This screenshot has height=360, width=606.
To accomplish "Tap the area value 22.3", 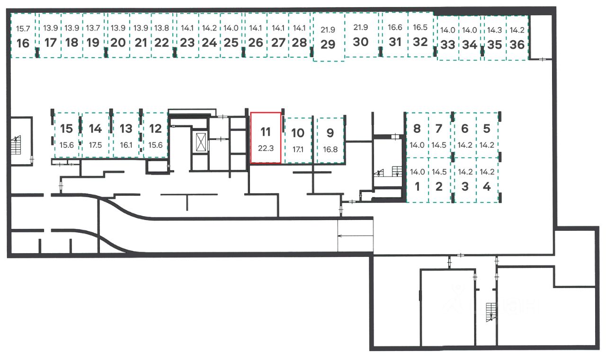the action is click(x=266, y=149).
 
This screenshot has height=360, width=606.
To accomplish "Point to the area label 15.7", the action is click(x=23, y=28).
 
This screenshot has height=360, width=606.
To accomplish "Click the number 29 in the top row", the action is click(x=328, y=44).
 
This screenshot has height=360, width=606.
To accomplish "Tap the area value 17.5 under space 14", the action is click(x=95, y=145).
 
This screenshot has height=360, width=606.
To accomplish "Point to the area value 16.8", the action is click(x=330, y=149).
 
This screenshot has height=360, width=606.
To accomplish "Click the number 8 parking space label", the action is click(x=417, y=129).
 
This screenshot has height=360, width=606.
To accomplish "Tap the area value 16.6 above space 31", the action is click(x=395, y=27).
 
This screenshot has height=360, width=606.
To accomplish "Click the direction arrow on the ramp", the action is click(x=356, y=236).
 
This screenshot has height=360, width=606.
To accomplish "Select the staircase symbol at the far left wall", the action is click(x=16, y=145).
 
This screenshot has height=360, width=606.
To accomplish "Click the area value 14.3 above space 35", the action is click(x=495, y=30).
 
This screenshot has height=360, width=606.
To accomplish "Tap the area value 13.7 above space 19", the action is click(x=93, y=28).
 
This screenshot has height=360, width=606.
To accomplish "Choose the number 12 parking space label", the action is click(x=155, y=129).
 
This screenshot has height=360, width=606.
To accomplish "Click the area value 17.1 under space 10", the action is click(x=298, y=149).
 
